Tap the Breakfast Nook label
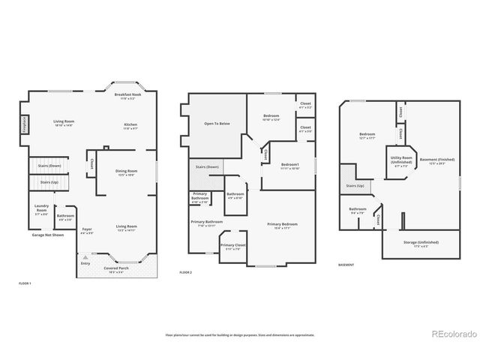(x=128, y=96)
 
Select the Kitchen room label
(x=130, y=125)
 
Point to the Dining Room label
(x=126, y=172)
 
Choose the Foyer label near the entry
(x=87, y=230)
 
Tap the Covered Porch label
(x=116, y=269)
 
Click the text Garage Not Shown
(x=47, y=235)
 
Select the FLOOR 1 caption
(x=25, y=283)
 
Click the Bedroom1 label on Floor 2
(x=290, y=165)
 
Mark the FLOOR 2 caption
(x=187, y=272)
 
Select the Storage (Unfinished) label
(x=421, y=242)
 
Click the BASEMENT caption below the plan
(x=346, y=265)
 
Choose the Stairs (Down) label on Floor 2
(x=207, y=167)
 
